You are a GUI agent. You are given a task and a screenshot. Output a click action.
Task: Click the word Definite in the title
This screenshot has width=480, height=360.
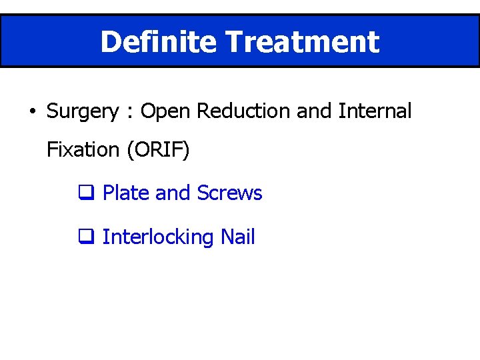(159, 41)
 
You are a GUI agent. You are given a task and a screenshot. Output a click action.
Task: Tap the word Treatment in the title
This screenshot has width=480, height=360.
(303, 41)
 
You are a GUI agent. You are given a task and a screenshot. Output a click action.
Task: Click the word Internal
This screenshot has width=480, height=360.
(375, 111)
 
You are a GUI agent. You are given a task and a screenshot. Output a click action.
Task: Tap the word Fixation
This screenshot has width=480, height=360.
(83, 150)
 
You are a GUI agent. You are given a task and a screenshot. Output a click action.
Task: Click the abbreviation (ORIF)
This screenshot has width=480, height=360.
(157, 150)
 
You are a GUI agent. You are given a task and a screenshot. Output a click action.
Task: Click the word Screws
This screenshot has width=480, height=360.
(229, 193)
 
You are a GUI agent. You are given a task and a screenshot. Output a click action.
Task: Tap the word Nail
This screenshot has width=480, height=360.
(238, 237)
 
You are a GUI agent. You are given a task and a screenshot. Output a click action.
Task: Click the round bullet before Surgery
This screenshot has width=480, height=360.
(32, 111)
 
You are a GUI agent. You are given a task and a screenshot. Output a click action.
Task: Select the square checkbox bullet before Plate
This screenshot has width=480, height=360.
(85, 194)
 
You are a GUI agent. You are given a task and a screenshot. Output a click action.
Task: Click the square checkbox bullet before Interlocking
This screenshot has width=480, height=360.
(85, 237)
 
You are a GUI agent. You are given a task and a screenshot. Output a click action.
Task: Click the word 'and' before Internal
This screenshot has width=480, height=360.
(314, 111)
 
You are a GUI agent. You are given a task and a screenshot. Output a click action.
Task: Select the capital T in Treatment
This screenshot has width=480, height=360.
(234, 41)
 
